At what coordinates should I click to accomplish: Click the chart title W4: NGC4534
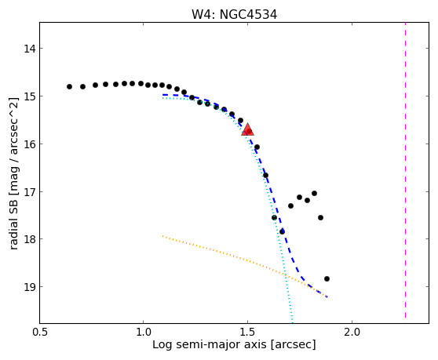234,14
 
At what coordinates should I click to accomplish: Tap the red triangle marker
248,129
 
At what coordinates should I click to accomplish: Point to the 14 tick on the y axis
30,49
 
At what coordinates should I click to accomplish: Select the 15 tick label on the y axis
30,96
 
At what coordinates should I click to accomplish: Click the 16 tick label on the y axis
30,144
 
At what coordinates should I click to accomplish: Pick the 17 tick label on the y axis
30,191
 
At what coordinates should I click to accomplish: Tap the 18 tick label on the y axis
30,239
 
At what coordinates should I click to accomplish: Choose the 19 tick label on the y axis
30,287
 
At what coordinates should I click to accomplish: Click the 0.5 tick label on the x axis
40,333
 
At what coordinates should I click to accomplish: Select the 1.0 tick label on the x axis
144,333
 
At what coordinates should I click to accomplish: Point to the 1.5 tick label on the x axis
247,333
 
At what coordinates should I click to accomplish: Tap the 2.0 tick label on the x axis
352,333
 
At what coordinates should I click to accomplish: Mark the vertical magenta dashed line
405,170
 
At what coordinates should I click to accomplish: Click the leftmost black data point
69,86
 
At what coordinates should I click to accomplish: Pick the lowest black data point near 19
327,278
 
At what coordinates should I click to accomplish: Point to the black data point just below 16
257,147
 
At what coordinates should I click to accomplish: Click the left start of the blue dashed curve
162,95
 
